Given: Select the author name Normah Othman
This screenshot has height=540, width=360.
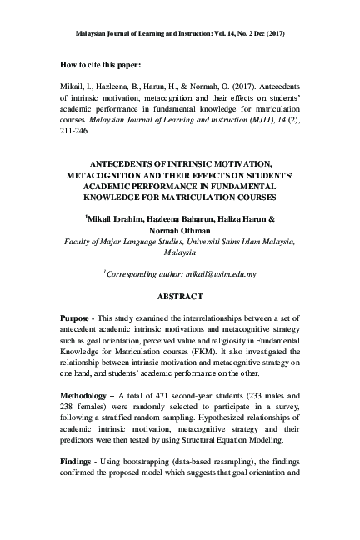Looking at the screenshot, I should (180, 230).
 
